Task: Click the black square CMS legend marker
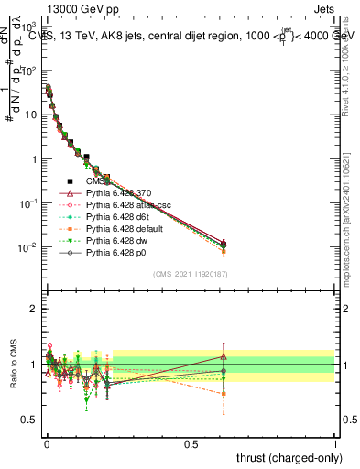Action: (x=71, y=181)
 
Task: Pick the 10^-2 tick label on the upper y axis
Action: (x=27, y=247)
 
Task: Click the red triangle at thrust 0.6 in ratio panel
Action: (x=223, y=356)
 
